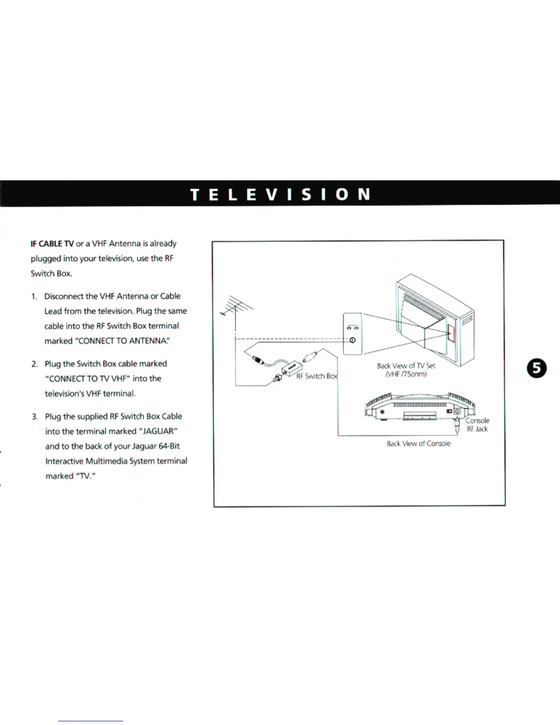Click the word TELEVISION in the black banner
click(x=280, y=194)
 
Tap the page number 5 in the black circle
click(x=537, y=369)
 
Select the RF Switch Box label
click(x=317, y=376)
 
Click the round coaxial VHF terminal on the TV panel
click(x=352, y=341)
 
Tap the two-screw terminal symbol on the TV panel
click(x=352, y=327)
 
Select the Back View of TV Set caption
click(x=406, y=366)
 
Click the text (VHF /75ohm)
click(x=406, y=374)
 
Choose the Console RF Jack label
click(x=477, y=425)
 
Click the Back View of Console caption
click(x=418, y=444)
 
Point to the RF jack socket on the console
click(x=457, y=412)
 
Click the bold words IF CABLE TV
click(x=52, y=243)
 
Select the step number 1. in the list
click(x=34, y=297)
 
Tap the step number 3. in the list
click(x=35, y=417)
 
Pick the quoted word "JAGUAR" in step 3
click(x=157, y=431)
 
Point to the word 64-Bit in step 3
click(x=169, y=446)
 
